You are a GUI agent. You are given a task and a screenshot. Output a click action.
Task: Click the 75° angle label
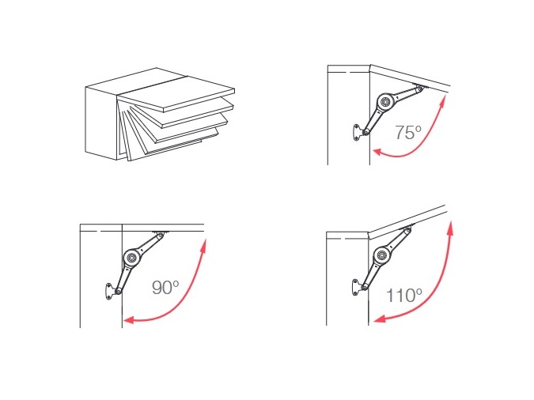coord(408,132)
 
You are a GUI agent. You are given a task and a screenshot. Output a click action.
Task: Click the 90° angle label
coord(165,287)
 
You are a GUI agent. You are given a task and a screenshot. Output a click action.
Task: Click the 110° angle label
coord(404,295)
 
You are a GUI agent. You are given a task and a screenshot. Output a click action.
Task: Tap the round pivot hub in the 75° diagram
coord(385,102)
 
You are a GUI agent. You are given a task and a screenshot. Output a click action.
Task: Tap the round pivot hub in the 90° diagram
coord(131,258)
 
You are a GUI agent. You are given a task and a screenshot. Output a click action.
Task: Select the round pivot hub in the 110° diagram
coord(382,255)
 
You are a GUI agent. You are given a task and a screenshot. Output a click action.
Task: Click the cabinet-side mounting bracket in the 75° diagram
coord(358,132)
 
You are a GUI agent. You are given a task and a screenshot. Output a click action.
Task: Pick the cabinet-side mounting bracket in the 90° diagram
coord(110,292)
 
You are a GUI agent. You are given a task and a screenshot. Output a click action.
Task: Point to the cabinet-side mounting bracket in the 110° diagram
coord(356,287)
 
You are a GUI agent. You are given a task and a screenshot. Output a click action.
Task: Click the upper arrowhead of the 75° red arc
coord(443,100)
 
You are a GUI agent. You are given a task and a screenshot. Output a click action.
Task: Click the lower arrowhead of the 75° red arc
coord(378,152)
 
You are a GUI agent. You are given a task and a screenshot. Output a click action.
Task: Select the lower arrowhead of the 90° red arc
coord(129,319)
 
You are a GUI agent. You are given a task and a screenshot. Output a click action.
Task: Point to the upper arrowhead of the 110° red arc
coord(451,227)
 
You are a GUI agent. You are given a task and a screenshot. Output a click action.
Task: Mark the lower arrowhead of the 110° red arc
coord(380,319)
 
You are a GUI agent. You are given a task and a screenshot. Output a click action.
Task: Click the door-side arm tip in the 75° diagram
coord(420,89)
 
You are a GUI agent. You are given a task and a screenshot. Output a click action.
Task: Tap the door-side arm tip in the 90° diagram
coord(160,235)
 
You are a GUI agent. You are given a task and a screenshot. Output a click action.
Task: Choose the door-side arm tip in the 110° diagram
coord(407,230)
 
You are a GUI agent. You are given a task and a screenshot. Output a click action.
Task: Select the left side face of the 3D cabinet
coord(101,123)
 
